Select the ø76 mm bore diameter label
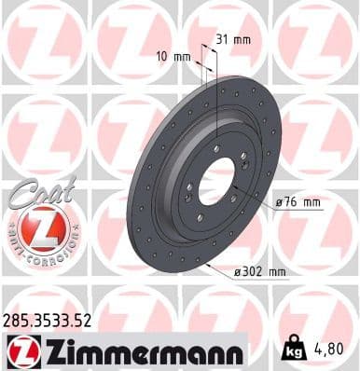coord(298,202)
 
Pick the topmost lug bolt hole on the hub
coord(215,149)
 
